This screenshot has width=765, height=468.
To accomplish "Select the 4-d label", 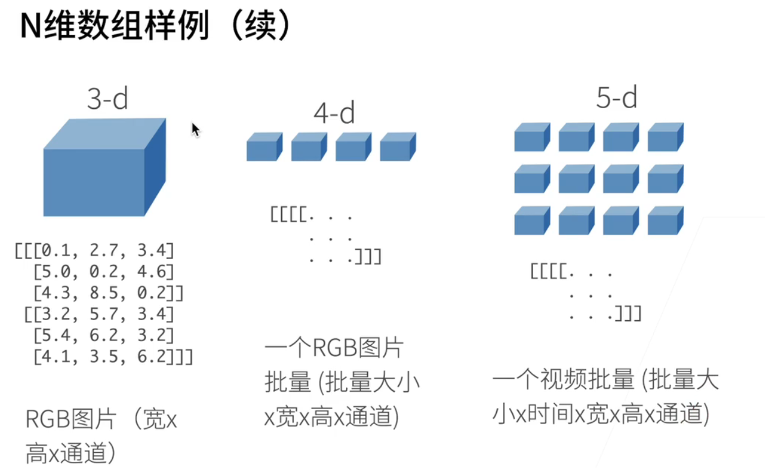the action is (x=334, y=112).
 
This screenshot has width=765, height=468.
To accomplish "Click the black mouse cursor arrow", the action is (x=195, y=129).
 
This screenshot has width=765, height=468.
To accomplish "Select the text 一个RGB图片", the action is (x=334, y=348).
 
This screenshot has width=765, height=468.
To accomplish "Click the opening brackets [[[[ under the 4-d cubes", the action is (x=287, y=214).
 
